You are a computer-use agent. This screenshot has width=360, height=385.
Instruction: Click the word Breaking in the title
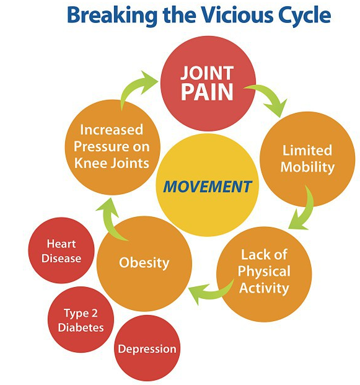[x=112, y=15]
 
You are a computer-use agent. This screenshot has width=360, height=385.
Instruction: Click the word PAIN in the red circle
[x=207, y=92]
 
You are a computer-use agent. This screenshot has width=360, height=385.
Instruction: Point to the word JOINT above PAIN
[x=207, y=73]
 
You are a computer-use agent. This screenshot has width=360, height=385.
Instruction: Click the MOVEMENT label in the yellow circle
[x=208, y=187]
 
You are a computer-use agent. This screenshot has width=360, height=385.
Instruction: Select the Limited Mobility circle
[x=307, y=159]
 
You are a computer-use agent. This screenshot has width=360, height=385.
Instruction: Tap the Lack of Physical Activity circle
[x=264, y=274]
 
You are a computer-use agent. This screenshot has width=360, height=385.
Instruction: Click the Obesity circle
[x=144, y=263]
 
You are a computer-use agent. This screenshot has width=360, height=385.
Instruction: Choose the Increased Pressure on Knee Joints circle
[x=113, y=147]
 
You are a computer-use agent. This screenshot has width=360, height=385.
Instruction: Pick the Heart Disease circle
[x=61, y=250]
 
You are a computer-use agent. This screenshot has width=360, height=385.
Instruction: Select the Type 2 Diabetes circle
[x=81, y=320]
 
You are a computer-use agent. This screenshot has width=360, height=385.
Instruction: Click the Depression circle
[x=147, y=348]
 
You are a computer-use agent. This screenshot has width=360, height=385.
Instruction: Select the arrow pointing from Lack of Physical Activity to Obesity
[x=211, y=293]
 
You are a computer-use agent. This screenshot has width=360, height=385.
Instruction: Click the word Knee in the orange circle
[x=90, y=163]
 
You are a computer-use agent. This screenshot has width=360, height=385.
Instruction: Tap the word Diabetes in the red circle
[x=81, y=327]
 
